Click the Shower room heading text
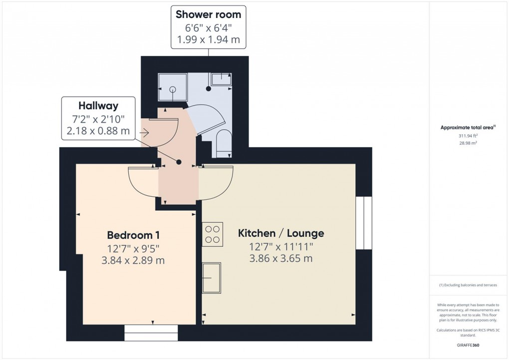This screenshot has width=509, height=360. (x=208, y=14)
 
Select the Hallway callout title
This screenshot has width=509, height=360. (x=98, y=105)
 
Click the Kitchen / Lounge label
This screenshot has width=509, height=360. (x=281, y=233)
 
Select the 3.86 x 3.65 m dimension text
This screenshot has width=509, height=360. (x=281, y=259)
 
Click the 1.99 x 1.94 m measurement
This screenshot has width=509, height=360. (x=208, y=39)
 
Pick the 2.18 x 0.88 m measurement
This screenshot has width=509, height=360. (x=98, y=131)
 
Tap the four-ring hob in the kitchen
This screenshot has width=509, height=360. (x=212, y=235)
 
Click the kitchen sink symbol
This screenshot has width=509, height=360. (x=212, y=278)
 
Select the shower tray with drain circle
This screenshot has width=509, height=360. (x=173, y=88)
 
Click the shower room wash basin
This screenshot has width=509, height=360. (x=221, y=78)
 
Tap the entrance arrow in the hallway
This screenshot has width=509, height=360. (x=145, y=133)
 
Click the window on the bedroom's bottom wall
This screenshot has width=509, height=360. (x=151, y=333)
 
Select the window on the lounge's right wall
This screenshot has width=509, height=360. (x=364, y=223)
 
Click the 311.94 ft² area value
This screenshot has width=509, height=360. (x=467, y=135)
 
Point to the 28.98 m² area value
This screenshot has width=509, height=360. (x=467, y=143)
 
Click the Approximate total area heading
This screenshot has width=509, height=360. (x=467, y=128)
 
